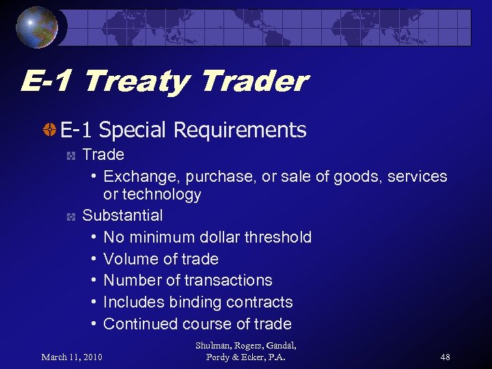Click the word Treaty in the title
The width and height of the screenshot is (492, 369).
point(137,82)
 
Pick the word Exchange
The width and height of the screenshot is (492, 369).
point(139,176)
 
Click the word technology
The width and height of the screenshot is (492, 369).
point(163,195)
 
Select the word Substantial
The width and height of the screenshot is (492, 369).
point(122,215)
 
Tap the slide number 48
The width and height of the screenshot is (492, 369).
point(445,357)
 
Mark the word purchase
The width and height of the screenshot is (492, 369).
point(221,176)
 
